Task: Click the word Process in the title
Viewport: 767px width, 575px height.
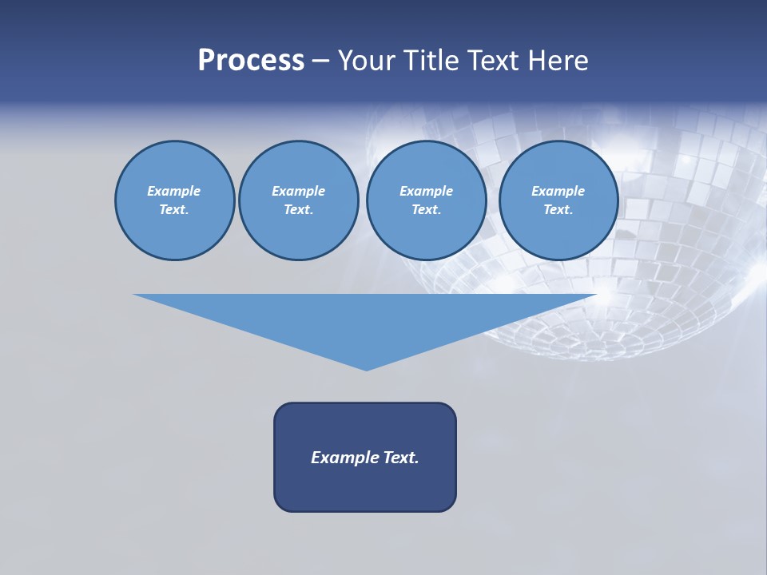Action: pos(251,61)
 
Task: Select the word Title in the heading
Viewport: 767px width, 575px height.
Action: pos(432,61)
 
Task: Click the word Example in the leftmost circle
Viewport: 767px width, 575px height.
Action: pos(174,191)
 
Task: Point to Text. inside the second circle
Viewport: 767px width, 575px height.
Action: pos(299,210)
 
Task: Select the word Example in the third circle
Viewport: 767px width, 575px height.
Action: pos(426,191)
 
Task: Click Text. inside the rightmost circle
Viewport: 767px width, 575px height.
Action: pos(558,210)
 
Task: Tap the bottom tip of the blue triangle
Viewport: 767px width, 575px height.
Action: pos(366,368)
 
